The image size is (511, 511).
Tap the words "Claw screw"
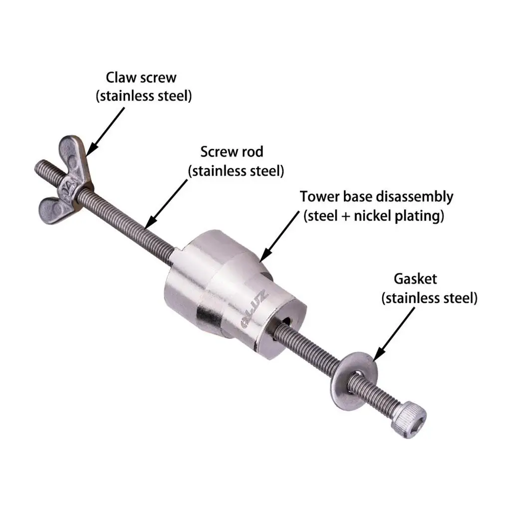tap(141, 77)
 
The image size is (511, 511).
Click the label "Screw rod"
tap(232, 151)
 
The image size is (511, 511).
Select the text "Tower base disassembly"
tap(376, 196)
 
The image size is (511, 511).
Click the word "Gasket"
tap(415, 278)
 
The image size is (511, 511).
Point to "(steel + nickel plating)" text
tap(374, 217)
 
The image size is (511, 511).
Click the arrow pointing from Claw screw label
tap(105, 125)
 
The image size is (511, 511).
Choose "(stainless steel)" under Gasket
tap(429, 298)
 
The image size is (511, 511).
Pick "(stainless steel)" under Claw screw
tap(144, 96)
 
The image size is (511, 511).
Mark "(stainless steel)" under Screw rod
tap(236, 171)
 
